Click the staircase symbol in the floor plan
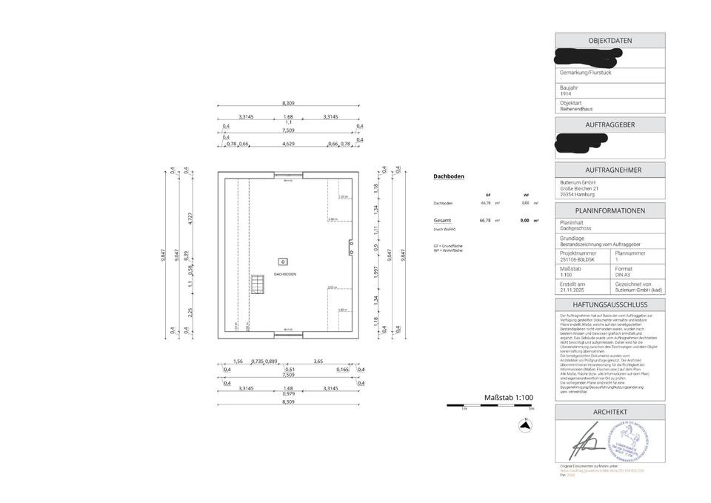257,284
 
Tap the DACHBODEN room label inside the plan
284,274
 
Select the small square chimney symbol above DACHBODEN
282,261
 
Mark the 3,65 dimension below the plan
318,361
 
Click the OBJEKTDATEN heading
610,41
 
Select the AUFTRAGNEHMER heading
610,170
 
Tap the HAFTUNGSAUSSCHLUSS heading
610,304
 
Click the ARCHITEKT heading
610,412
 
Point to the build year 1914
565,94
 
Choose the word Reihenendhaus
576,108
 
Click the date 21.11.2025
573,290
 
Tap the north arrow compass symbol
524,425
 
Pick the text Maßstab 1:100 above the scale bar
508,398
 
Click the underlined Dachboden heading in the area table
448,177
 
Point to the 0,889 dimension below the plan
271,361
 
